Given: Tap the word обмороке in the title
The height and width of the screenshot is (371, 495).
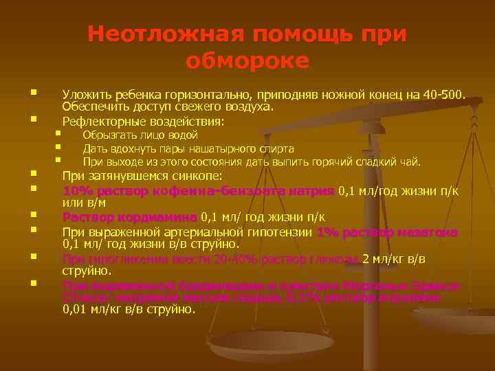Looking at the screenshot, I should (x=247, y=61).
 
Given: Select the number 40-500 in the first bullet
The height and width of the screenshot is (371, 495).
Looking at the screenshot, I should (x=440, y=94).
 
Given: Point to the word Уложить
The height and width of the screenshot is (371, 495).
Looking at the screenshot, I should (x=85, y=94).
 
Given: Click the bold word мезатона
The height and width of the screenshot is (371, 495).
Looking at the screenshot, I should (x=430, y=232).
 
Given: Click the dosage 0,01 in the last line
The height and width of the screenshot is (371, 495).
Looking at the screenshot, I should (x=75, y=309).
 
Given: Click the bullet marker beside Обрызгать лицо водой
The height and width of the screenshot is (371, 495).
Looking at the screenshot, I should (x=58, y=133).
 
